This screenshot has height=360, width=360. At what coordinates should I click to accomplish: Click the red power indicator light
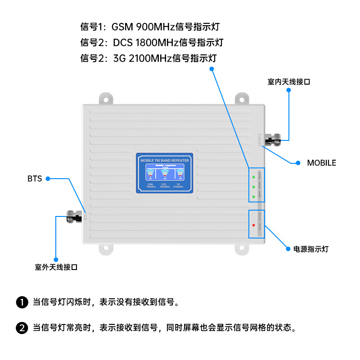pos(254,225)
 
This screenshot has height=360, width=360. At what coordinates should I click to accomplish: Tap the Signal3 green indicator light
pos(254,196)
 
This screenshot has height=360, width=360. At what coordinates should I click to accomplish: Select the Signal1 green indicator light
pos(254,176)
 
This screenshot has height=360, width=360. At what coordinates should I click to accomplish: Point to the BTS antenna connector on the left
pos(72,216)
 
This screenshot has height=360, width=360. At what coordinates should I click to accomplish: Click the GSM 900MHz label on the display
pos(150,185)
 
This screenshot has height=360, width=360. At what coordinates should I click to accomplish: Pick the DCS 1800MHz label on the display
pos(165,185)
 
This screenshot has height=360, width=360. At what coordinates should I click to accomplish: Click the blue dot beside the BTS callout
pos(48,179)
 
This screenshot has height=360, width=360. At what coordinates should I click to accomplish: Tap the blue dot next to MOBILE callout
pos(297,163)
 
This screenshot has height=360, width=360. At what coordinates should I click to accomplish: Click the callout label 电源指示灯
pos(311,248)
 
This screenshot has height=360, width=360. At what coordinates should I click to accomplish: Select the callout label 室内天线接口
pos(289,82)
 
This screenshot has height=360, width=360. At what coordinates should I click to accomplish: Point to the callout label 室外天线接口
pos(56,267)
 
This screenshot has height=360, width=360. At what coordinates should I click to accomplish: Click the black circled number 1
pos(22,302)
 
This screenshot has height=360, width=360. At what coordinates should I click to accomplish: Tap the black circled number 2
pos(22,328)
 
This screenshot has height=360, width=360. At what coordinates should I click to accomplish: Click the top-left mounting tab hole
pos(106,98)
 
